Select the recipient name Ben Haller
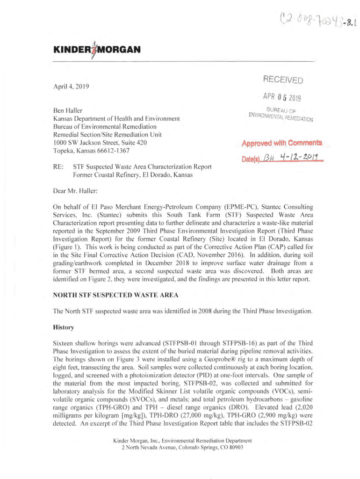point(68,110)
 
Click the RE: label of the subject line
point(58,167)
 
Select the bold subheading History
point(65,328)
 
